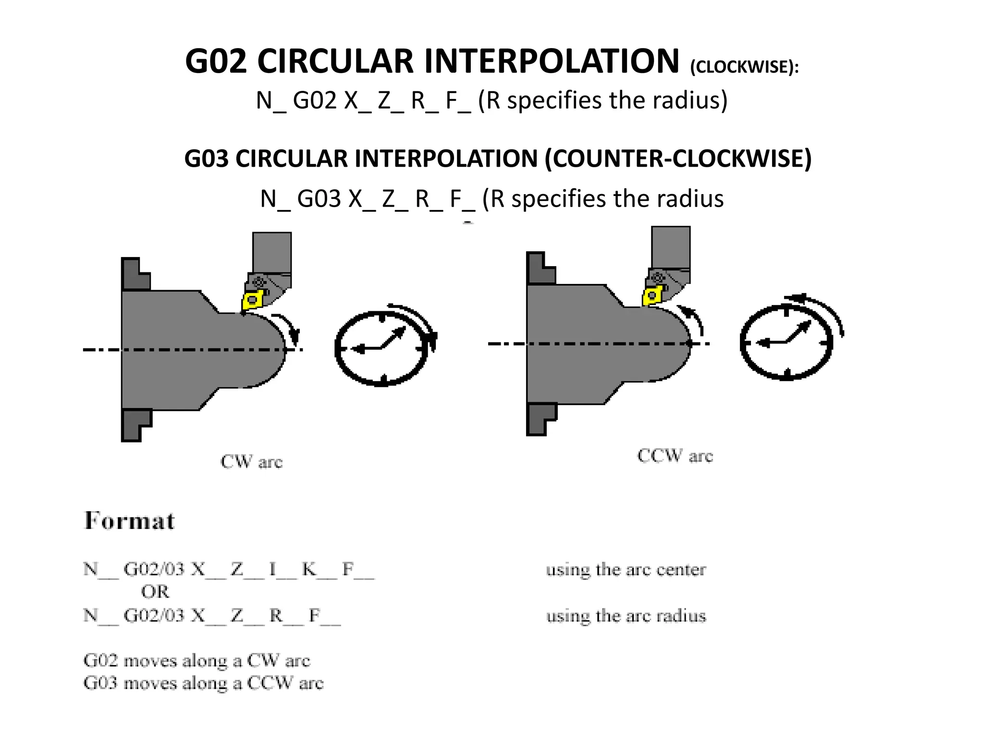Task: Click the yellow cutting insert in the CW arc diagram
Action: pos(252,301)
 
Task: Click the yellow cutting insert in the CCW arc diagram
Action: pos(652,295)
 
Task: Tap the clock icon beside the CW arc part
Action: pos(382,348)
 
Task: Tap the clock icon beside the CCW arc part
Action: pos(787,342)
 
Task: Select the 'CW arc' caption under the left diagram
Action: pos(251,462)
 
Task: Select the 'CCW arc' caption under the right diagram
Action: pos(675,455)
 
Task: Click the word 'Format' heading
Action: pos(130,521)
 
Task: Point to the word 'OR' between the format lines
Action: pos(155,591)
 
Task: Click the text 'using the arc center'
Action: pos(626,570)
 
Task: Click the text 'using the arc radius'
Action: pos(626,615)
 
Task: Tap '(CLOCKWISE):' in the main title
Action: pos(744,67)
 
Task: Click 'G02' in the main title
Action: pos(216,61)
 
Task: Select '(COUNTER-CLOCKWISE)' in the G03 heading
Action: pos(677,159)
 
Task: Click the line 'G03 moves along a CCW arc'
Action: pos(203,683)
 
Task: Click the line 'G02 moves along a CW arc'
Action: pos(197,661)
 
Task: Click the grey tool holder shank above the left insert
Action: pos(272,252)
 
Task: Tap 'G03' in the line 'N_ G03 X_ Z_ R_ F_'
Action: pos(319,199)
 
